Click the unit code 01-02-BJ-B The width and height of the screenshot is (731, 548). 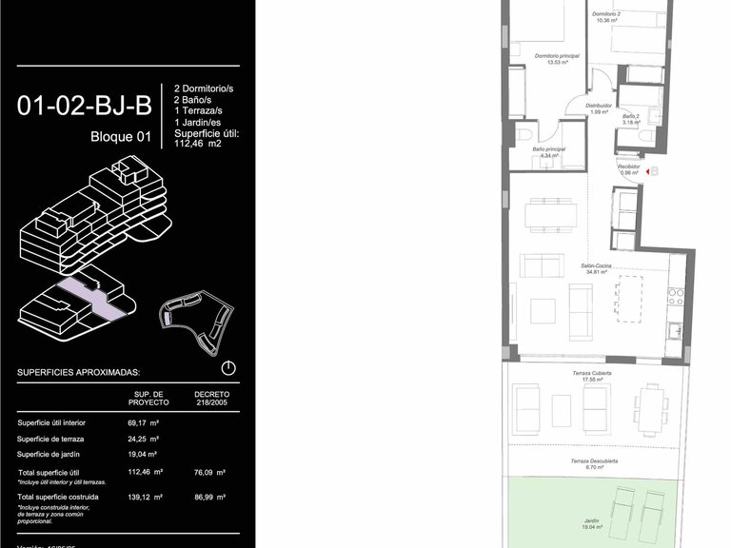coord(84,105)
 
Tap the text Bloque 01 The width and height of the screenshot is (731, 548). coord(121,136)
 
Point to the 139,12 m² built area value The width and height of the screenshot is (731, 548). coord(146,497)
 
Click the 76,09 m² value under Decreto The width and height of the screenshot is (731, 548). coord(209,472)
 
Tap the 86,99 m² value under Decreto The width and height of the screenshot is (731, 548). coord(209,497)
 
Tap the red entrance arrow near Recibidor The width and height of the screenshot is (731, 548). coord(652,172)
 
